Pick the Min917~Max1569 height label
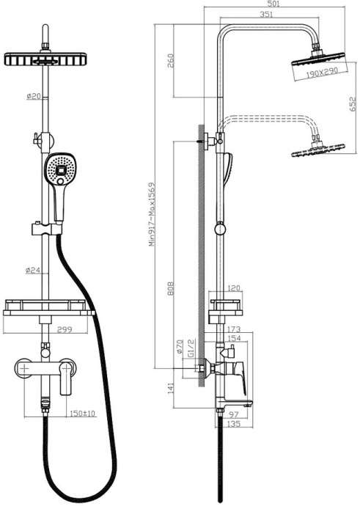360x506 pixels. (x=153, y=214)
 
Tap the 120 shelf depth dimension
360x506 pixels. (x=235, y=289)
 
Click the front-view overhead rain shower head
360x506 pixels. (x=48, y=61)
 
